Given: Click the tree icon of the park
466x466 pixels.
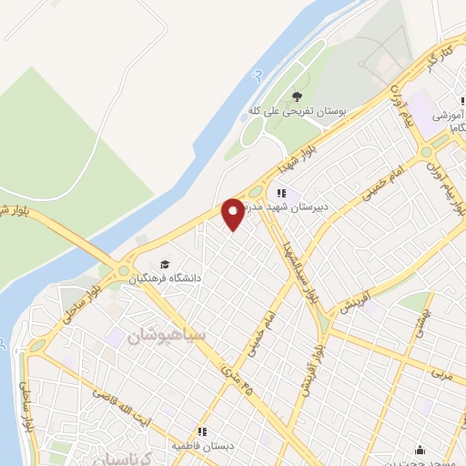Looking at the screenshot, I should pos(297,96).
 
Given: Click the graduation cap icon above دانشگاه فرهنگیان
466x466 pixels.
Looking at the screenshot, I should pos(164,263).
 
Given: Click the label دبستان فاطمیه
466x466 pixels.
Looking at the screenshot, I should pos(202,446).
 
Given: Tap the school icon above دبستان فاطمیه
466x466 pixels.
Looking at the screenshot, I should pos(203,432).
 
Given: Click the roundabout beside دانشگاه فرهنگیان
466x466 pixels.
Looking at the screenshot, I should pos(122,269).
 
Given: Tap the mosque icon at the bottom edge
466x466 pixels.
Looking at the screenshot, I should pos(420,451).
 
